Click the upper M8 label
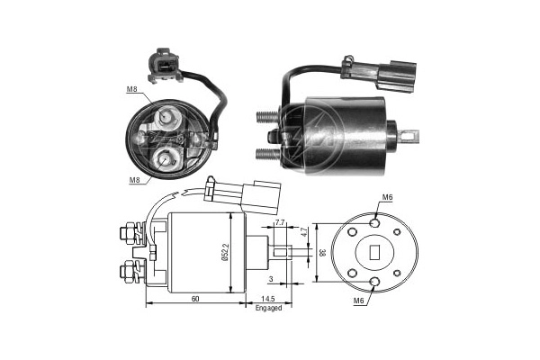tap(131, 88)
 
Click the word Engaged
tap(268, 308)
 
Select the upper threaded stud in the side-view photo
tap(267, 117)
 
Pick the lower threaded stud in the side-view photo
tap(267, 153)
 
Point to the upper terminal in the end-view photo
tap(167, 118)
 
